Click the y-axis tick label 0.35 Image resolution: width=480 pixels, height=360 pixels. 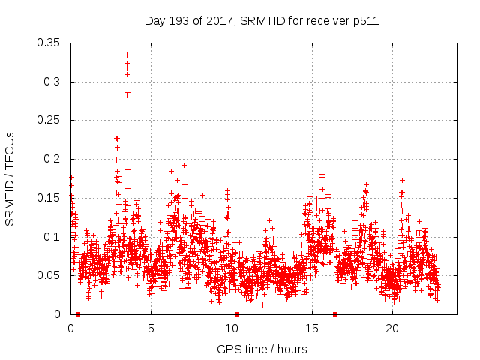click(50, 43)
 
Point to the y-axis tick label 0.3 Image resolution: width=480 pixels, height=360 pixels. click(53, 82)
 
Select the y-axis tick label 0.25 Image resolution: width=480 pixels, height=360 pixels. click(50, 120)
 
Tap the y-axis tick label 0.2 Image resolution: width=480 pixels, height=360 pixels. click(53, 159)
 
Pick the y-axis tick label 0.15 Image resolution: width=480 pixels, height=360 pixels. click(50, 198)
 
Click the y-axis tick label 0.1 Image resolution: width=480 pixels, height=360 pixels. click(53, 237)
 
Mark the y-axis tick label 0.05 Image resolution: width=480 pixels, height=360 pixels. click(50, 275)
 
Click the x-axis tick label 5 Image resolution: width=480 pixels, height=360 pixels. click(151, 328)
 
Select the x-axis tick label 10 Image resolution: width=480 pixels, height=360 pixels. click(232, 328)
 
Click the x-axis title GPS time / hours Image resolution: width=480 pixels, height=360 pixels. click(262, 349)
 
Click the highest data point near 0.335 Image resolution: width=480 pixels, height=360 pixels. click(127, 55)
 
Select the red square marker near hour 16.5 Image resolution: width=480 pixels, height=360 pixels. click(335, 314)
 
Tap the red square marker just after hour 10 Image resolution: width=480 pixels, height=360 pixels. click(237, 314)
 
